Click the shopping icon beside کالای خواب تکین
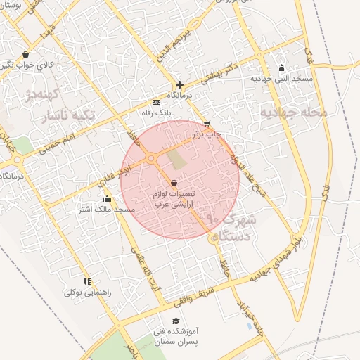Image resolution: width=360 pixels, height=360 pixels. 26,54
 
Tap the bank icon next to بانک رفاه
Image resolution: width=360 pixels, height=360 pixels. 156,102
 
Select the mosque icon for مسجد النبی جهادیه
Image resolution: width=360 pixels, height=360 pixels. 281,68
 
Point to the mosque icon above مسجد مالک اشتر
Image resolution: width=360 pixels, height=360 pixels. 107,199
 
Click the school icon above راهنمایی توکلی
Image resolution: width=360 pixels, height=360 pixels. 86,281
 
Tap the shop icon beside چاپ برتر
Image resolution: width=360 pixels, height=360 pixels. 205,122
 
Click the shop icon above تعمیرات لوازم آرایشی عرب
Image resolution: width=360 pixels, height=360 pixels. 174,184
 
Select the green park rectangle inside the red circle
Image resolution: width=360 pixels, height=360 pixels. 179,159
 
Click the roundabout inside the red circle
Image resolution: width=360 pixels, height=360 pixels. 151,159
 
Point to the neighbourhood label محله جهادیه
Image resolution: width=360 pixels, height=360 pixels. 293,112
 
